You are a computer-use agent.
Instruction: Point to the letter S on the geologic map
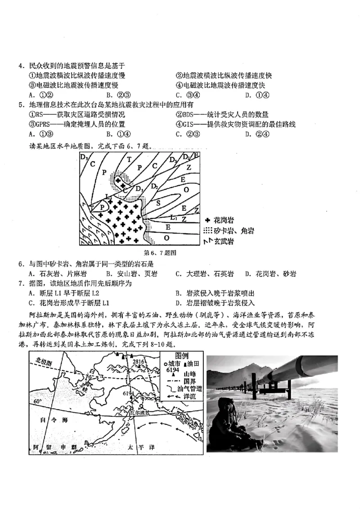pos(158,203)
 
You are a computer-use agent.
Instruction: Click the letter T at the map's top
pos(129,159)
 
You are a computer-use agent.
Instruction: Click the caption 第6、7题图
pos(159,253)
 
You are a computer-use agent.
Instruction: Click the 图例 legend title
pos(183,356)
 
